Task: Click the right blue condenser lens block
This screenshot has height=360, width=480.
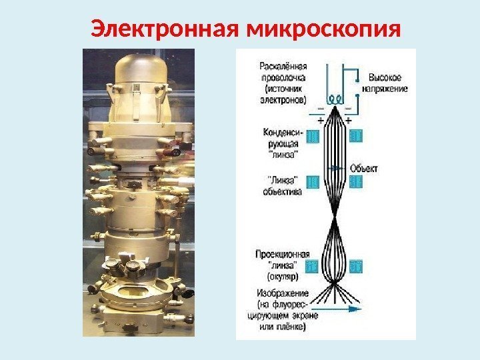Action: pos(355,136)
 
